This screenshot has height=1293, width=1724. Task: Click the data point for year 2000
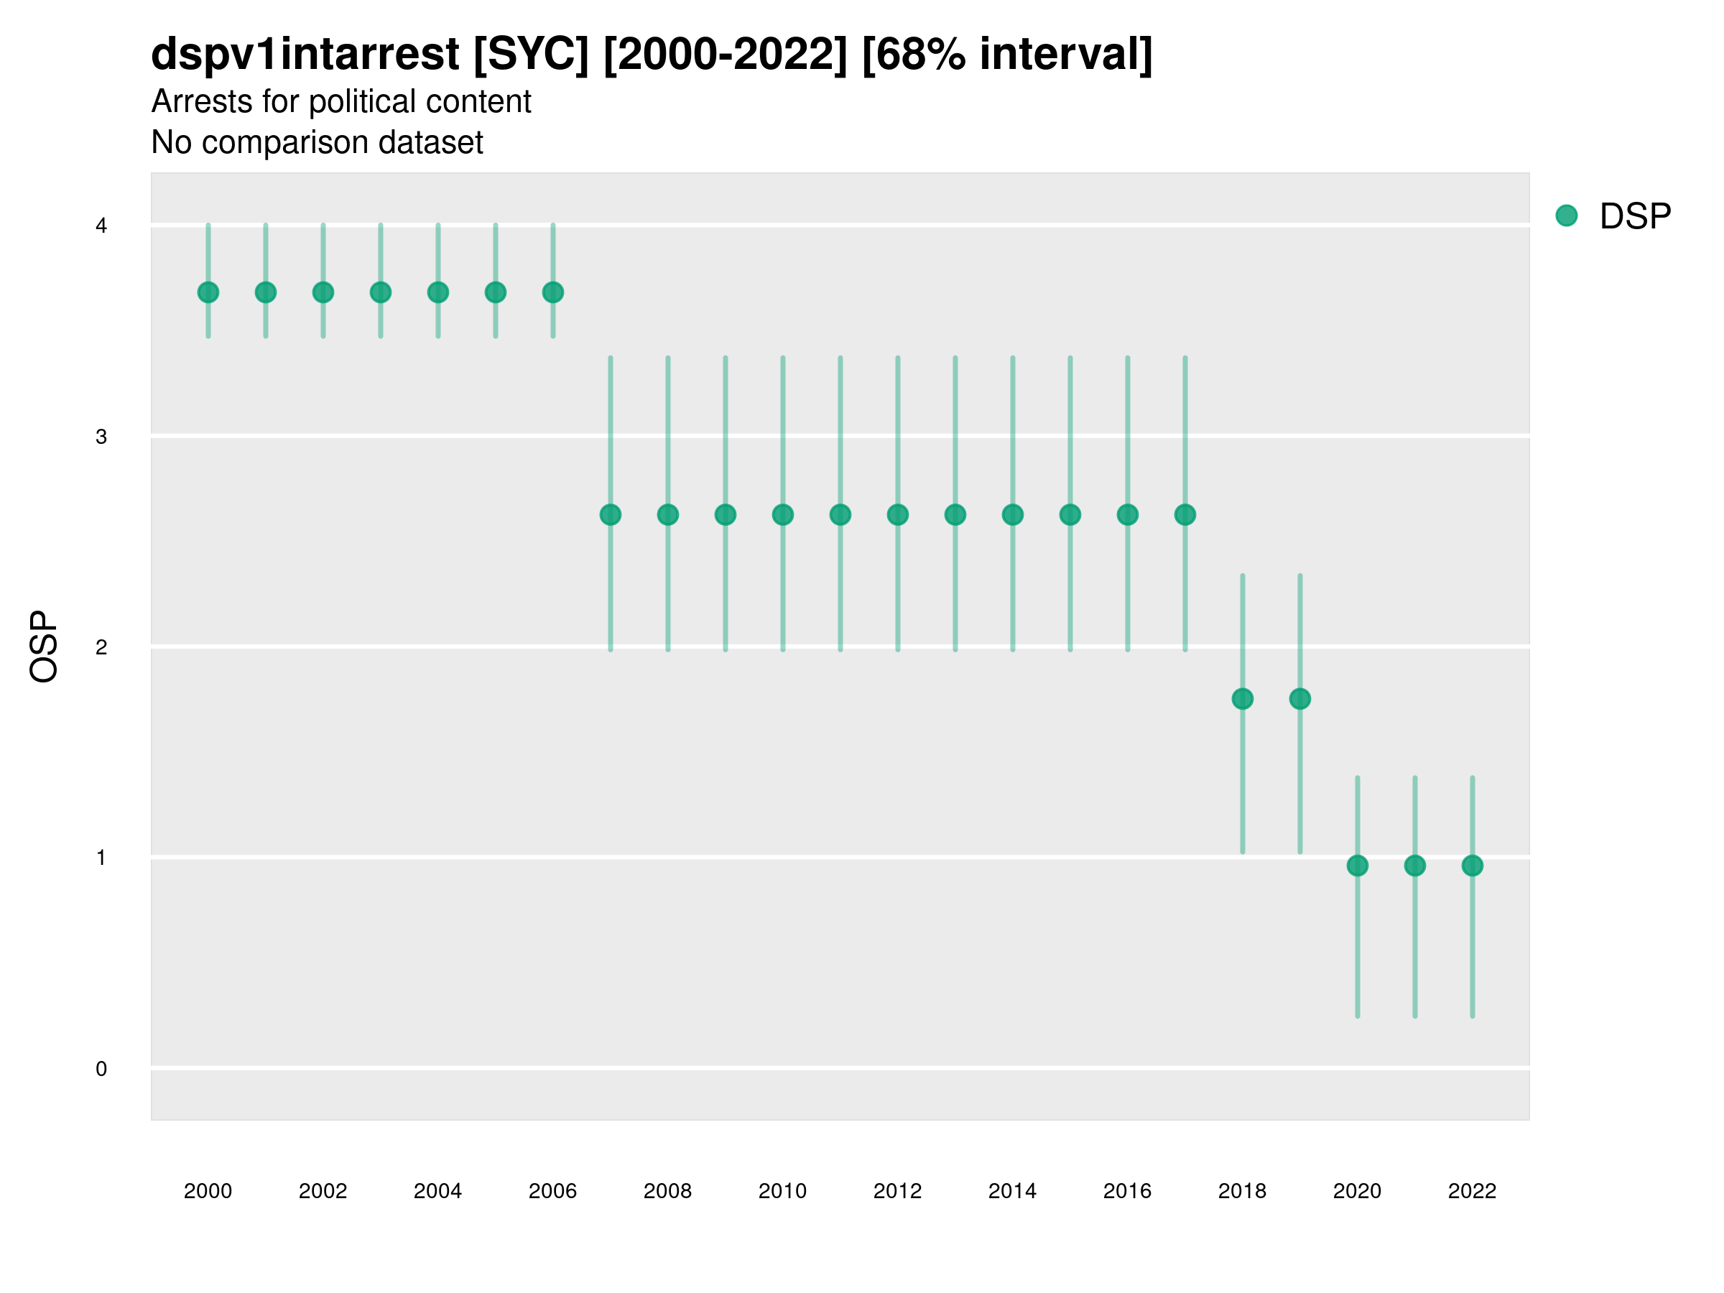coord(208,292)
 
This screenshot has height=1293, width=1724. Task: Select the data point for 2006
coord(553,292)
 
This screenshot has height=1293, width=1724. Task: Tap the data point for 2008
coord(668,514)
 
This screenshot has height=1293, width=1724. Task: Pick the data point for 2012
coord(898,514)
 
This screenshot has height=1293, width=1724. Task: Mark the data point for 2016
coord(1128,514)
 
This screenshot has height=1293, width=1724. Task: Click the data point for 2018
coord(1242,698)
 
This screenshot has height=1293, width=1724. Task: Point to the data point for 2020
coord(1358,865)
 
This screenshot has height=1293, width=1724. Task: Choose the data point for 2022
coord(1473,865)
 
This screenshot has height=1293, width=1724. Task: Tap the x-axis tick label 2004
coord(438,1191)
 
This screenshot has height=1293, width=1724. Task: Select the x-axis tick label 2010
coord(782,1191)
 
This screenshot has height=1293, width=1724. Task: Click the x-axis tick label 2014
coord(1012,1191)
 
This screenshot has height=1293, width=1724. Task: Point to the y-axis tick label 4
coord(101,226)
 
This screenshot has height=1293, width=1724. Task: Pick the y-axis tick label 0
coord(101,1069)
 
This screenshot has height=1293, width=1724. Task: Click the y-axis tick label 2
coord(101,647)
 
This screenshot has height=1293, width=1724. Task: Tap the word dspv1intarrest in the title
coord(305,54)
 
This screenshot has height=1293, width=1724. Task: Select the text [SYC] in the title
coord(531,54)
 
